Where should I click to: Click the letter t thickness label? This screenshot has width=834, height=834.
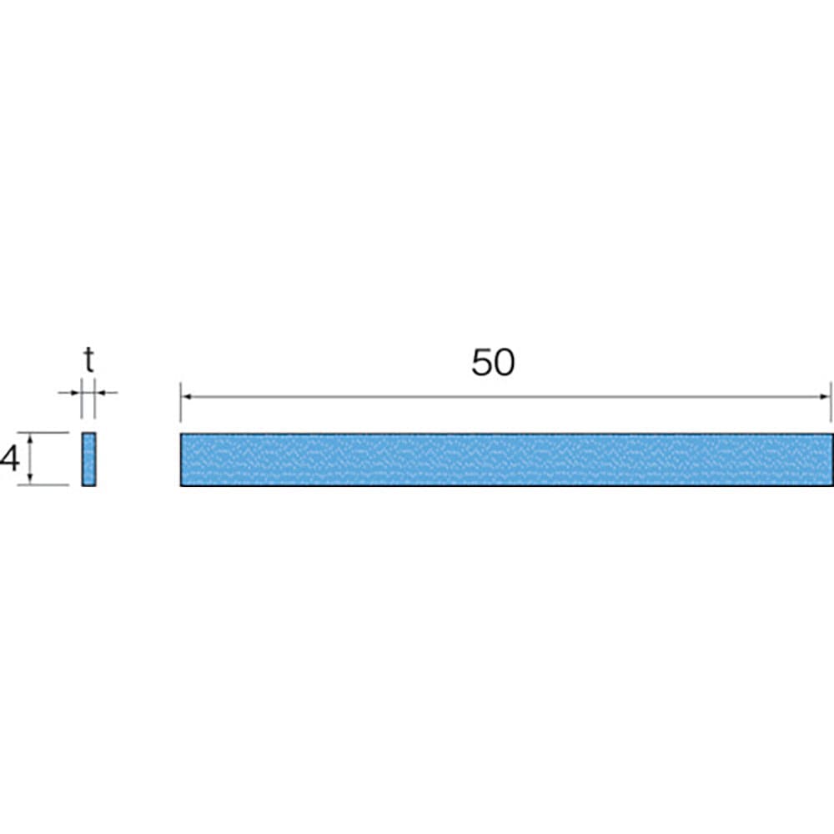[88, 361]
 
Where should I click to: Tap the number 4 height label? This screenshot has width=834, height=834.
[10, 459]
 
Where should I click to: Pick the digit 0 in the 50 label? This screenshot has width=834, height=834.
[505, 363]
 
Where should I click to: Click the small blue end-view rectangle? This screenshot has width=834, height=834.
[88, 459]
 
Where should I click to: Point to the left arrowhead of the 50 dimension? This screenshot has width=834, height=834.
[186, 397]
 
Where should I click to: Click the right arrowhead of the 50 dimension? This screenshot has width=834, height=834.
[826, 397]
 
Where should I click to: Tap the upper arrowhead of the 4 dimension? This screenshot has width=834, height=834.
[30, 438]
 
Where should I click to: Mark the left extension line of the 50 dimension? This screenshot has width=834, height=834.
[180, 403]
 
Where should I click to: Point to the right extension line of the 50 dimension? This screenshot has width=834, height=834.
[831, 403]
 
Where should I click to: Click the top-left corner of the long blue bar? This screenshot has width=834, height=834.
[181, 435]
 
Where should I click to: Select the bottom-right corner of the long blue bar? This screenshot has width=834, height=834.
[832, 485]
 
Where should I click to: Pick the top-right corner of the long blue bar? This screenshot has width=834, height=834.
[832, 435]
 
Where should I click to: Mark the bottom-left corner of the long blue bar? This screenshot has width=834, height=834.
[181, 485]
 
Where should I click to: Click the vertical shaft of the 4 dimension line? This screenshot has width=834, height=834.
[30, 459]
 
